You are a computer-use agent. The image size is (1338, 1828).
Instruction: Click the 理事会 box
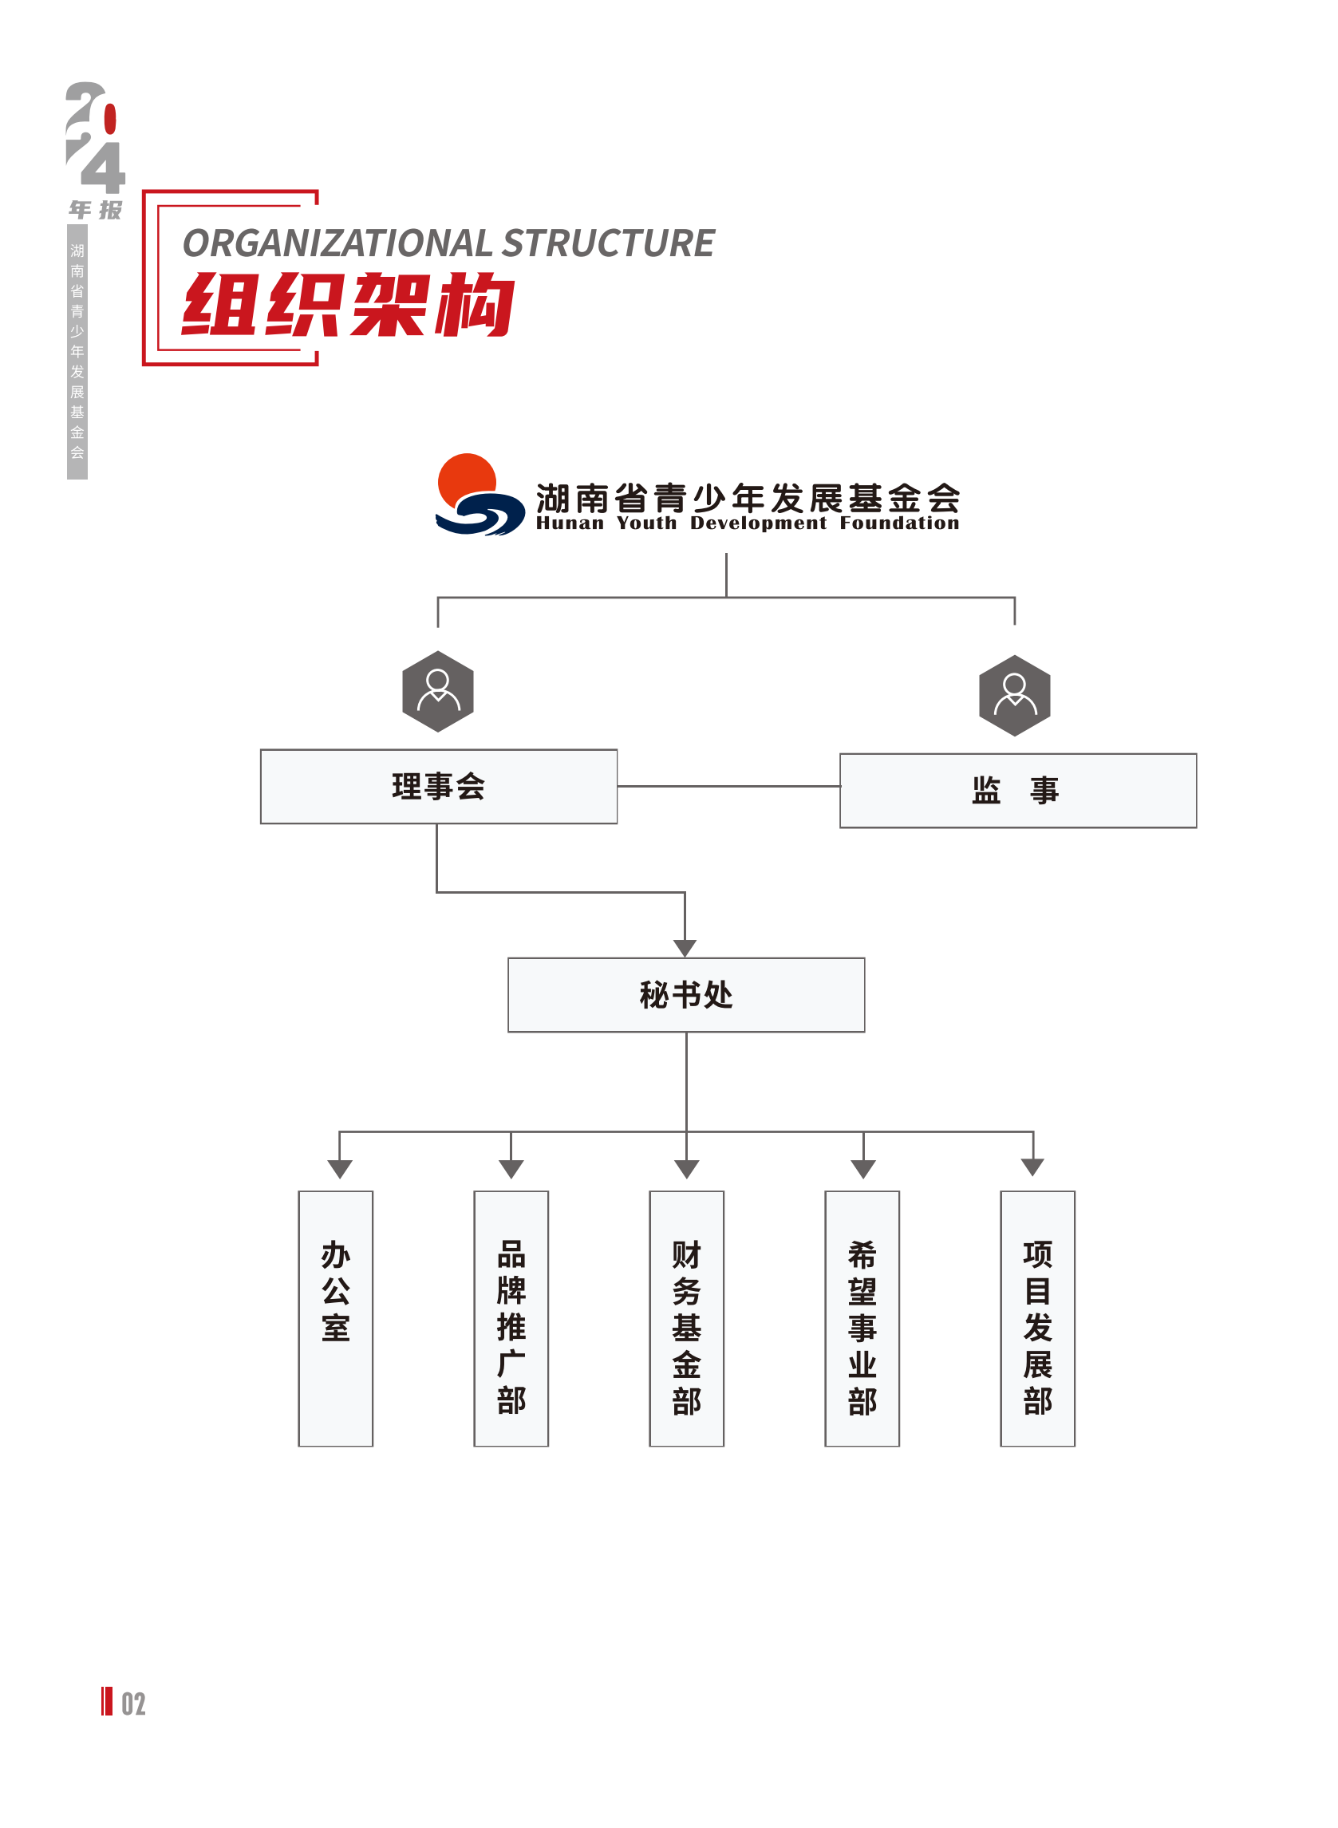click(x=438, y=787)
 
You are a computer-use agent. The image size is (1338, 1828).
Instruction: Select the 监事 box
click(x=1017, y=791)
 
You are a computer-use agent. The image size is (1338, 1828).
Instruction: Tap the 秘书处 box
click(x=686, y=994)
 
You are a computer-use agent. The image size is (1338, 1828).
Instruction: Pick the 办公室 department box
click(x=335, y=1318)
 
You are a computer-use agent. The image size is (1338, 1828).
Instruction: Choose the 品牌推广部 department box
click(x=511, y=1318)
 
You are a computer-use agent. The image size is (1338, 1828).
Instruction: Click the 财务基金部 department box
click(x=687, y=1318)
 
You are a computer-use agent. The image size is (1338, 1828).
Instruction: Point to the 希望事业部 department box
click(x=862, y=1318)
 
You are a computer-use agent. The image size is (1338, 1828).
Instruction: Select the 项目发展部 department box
click(x=1037, y=1318)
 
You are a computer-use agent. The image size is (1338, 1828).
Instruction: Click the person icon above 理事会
click(x=438, y=691)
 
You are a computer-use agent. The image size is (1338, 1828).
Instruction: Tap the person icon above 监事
click(x=1015, y=695)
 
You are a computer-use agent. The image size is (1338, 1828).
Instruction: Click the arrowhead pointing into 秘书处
click(x=685, y=948)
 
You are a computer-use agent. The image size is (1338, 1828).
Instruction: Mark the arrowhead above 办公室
click(x=339, y=1169)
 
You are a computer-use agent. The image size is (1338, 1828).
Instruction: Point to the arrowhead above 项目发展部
click(x=1032, y=1167)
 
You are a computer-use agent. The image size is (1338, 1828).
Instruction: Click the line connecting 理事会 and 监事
click(x=729, y=786)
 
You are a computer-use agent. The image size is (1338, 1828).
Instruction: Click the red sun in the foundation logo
click(x=468, y=480)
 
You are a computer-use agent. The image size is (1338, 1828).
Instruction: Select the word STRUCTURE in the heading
click(x=608, y=243)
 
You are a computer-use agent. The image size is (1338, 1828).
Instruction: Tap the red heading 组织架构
click(x=349, y=304)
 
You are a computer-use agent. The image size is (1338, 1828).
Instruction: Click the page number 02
click(x=133, y=1704)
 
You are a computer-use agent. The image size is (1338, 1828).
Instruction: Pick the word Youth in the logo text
click(x=646, y=523)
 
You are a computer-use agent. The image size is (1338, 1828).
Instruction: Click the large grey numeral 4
click(x=104, y=168)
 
